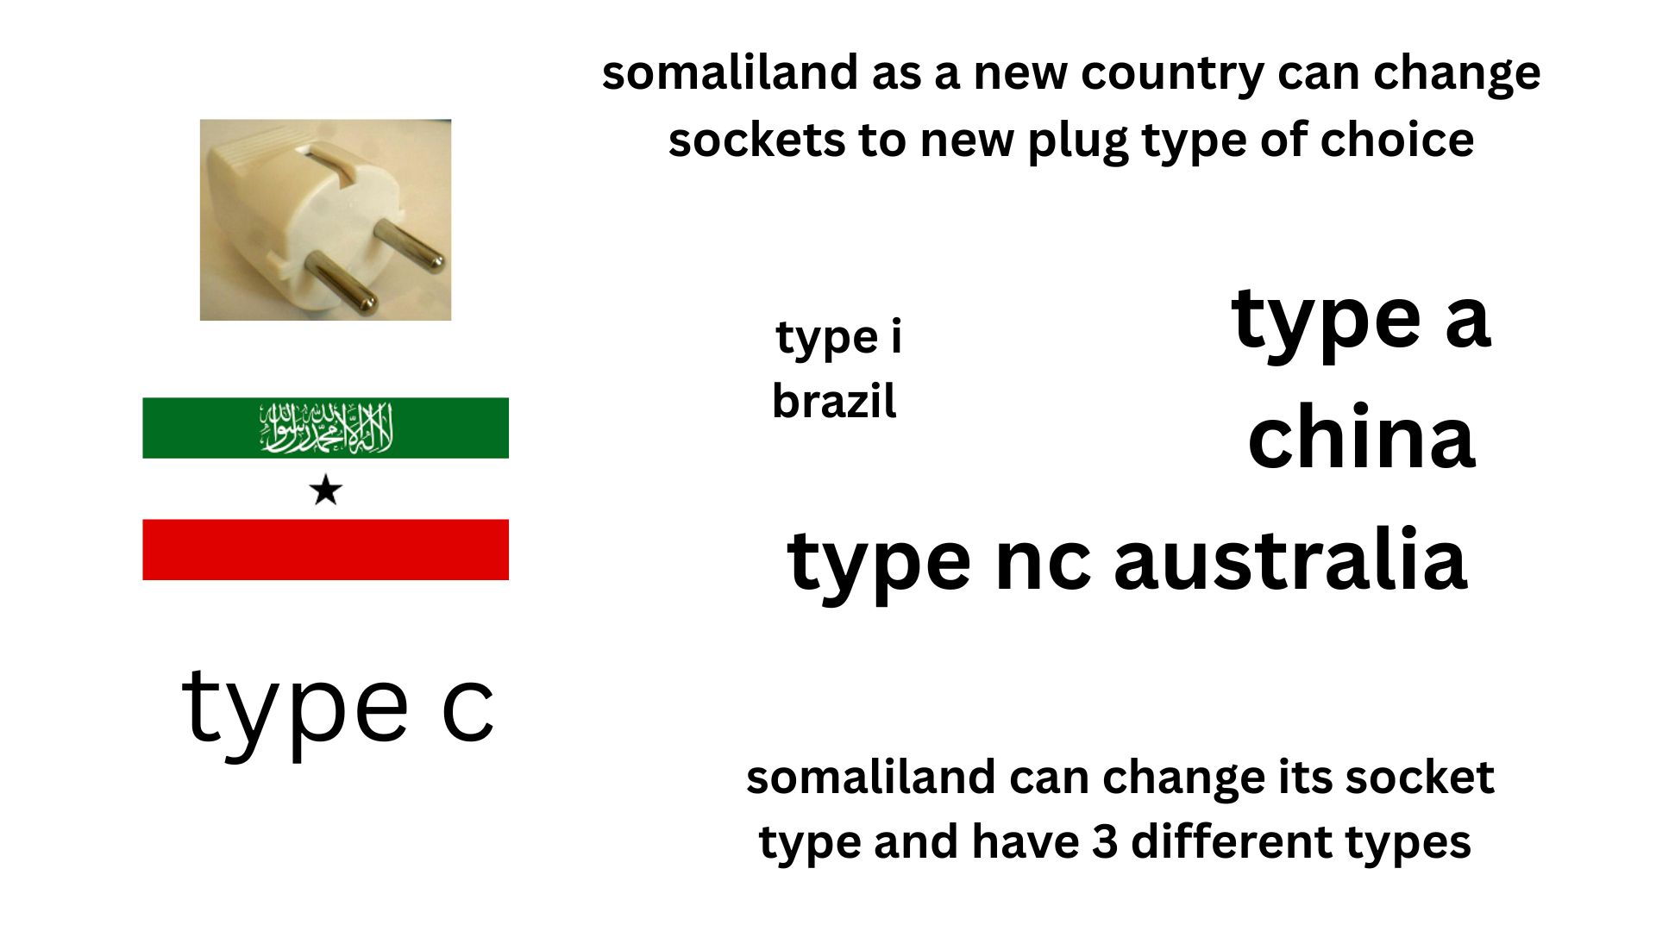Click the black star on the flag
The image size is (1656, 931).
[x=326, y=490]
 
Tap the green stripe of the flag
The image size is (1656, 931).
[x=325, y=428]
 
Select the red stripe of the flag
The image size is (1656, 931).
[x=325, y=549]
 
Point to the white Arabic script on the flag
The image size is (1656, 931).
[x=327, y=428]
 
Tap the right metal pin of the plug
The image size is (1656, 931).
[x=410, y=245]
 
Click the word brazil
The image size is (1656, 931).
[x=834, y=402]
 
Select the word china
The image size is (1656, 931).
[x=1361, y=437]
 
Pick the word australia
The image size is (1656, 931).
[x=1290, y=560]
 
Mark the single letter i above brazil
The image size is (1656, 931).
[x=896, y=335]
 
